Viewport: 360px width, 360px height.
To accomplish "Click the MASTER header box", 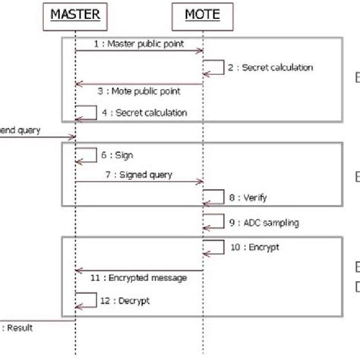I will [75, 14].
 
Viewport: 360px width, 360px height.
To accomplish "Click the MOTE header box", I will [202, 14].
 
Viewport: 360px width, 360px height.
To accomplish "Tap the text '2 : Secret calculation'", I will [270, 68].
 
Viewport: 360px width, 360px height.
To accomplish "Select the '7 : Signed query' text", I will [139, 175].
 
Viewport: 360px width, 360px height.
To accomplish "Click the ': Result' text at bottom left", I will [18, 327].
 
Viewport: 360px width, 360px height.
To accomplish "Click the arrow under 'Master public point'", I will [139, 51].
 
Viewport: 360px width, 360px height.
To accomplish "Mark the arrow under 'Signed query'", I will [139, 182].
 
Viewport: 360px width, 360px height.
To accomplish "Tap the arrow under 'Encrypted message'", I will [139, 269].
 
